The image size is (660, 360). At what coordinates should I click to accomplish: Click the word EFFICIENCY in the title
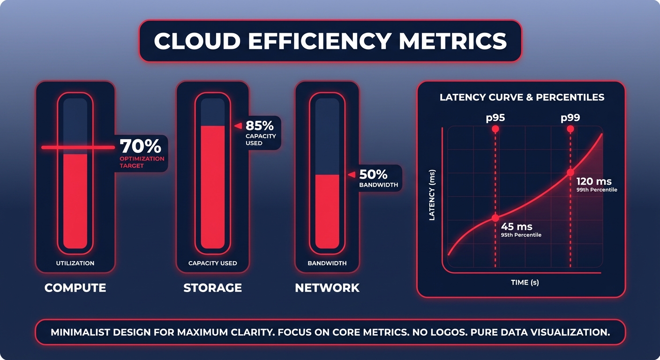coord(319,41)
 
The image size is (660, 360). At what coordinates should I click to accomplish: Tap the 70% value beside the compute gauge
coord(141,147)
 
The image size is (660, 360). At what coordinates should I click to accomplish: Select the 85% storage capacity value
coord(260,126)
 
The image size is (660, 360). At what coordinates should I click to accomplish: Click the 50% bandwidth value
coord(373,174)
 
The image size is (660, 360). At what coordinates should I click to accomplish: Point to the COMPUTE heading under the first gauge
coord(75,287)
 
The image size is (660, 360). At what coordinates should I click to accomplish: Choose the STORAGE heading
coord(212,287)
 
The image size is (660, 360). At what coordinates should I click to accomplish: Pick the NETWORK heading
coord(327,287)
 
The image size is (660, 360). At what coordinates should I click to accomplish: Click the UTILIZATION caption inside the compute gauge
coord(75,263)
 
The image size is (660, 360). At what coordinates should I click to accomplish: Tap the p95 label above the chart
coord(495,118)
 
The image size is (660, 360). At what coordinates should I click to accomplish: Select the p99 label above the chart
coord(570,118)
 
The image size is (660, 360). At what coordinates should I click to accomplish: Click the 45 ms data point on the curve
coord(495,218)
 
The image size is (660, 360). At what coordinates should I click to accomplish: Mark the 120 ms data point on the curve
coord(570,172)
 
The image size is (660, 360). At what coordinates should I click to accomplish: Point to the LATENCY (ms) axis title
coord(432,195)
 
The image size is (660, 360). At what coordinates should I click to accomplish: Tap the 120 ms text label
coord(594,181)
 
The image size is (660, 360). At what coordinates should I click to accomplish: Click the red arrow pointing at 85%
coord(238,126)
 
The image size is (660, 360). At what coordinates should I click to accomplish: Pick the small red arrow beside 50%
coord(351,174)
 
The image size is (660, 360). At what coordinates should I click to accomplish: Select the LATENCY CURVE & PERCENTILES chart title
coord(522,97)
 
